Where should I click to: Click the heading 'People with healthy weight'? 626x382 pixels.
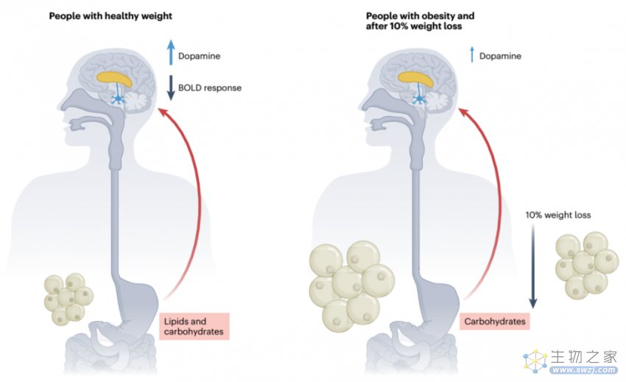coord(110,16)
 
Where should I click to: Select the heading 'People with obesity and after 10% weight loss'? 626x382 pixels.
coord(420,21)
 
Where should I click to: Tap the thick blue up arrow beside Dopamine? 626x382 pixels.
coord(171,52)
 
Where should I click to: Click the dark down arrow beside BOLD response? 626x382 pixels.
coord(171,88)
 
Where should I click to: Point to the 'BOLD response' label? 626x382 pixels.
coord(210,88)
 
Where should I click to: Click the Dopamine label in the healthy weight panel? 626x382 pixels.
coord(200,56)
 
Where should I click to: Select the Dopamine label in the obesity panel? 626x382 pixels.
coord(500,56)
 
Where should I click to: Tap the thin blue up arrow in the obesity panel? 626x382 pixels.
coord(472,54)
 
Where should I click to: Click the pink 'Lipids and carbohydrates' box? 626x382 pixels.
coord(194,327)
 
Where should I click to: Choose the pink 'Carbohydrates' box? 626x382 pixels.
coord(495,322)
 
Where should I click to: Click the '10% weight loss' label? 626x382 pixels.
coord(558,215)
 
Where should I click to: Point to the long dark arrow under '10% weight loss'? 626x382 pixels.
coord(533,266)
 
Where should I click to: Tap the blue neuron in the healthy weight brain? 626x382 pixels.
coord(118,99)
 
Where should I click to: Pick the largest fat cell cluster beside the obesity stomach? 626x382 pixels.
coord(351,286)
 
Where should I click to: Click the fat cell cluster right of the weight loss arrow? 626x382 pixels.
coord(587,265)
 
